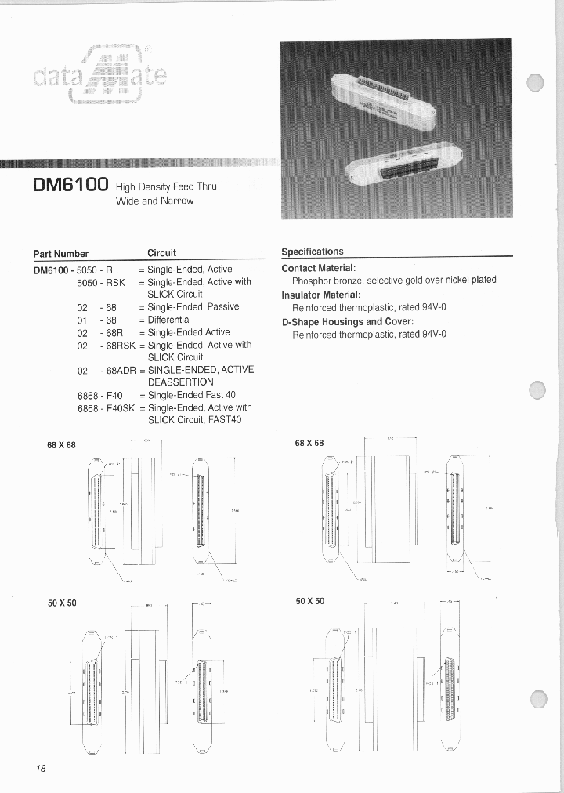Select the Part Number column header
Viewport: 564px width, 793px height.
point(60,253)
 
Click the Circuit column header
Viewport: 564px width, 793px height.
point(161,253)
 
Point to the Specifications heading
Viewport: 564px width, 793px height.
point(312,252)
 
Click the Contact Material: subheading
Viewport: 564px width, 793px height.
point(318,268)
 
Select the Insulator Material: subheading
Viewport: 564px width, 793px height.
point(320,295)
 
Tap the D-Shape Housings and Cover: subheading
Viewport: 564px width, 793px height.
point(347,321)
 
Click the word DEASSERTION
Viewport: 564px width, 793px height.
point(180,382)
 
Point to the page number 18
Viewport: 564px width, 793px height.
point(41,769)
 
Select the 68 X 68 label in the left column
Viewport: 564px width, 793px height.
point(62,445)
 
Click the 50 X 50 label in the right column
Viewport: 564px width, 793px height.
point(309,601)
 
